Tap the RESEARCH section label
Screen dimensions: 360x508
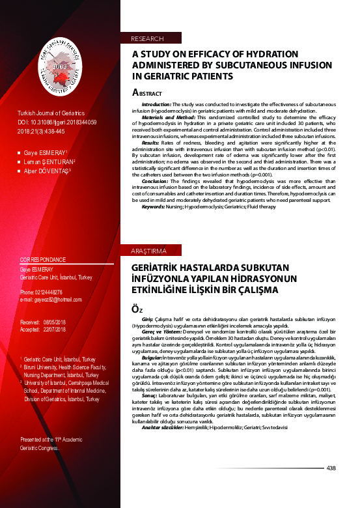click(147, 39)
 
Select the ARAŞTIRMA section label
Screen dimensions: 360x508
click(150, 250)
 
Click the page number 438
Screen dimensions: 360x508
click(331, 468)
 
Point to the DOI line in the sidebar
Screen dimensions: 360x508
click(58, 122)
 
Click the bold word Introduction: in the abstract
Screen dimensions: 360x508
click(156, 104)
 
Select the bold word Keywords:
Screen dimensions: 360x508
click(153, 225)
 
